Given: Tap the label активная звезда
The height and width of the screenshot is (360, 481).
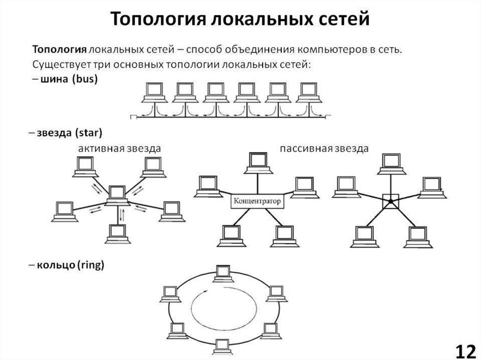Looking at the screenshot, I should (120, 148).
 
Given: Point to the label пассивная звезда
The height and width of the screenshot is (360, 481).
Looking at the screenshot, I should (324, 148).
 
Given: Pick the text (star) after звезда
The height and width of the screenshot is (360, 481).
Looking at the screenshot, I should (89, 133).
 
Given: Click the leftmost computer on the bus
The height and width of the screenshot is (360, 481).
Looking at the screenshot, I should (153, 92).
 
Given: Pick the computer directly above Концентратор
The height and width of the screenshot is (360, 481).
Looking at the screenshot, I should (257, 162).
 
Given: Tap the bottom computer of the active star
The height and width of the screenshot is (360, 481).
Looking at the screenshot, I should (117, 233).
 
